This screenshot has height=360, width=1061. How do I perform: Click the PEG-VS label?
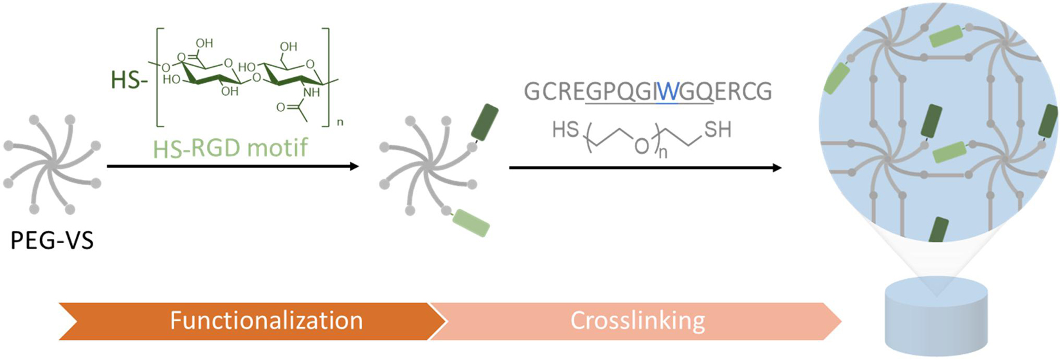click(x=52, y=241)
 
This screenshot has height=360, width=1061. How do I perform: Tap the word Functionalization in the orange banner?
click(x=266, y=320)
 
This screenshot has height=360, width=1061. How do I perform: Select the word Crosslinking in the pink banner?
click(x=637, y=320)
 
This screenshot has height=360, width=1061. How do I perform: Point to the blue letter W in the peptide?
click(x=667, y=92)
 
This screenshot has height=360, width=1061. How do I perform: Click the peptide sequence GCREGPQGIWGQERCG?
click(x=648, y=92)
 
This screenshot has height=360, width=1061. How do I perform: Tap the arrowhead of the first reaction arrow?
click(x=354, y=166)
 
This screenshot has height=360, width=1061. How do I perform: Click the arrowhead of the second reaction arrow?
click(x=777, y=168)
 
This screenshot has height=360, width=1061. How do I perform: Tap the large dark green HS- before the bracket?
click(x=125, y=82)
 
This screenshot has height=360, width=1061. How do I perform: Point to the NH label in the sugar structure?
click(x=311, y=93)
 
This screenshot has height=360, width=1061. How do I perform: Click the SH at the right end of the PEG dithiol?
click(x=718, y=130)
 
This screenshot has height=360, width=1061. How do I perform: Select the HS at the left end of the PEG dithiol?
click(x=566, y=130)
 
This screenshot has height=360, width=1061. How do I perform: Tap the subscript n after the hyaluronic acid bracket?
click(x=340, y=122)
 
